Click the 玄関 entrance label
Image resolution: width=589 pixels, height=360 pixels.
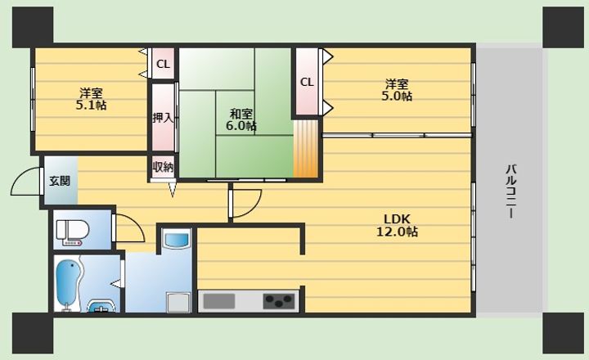60,181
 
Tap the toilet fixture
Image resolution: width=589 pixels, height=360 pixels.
73,230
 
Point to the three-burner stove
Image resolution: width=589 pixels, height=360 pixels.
279,301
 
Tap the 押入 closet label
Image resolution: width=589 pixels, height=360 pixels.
164,118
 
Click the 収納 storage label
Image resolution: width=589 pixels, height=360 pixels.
164,167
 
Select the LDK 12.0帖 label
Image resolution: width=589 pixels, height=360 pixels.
397,225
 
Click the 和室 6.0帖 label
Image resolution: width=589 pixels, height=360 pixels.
241,119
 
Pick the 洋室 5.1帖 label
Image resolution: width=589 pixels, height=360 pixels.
91,99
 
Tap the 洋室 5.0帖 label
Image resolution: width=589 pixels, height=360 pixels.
397,90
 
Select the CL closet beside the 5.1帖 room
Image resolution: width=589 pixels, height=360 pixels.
163,65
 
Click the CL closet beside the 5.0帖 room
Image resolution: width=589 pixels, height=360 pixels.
307,82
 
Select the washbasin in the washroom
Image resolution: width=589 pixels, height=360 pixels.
176,240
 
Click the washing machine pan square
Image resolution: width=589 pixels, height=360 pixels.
178,303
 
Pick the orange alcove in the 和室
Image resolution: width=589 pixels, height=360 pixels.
305,148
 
